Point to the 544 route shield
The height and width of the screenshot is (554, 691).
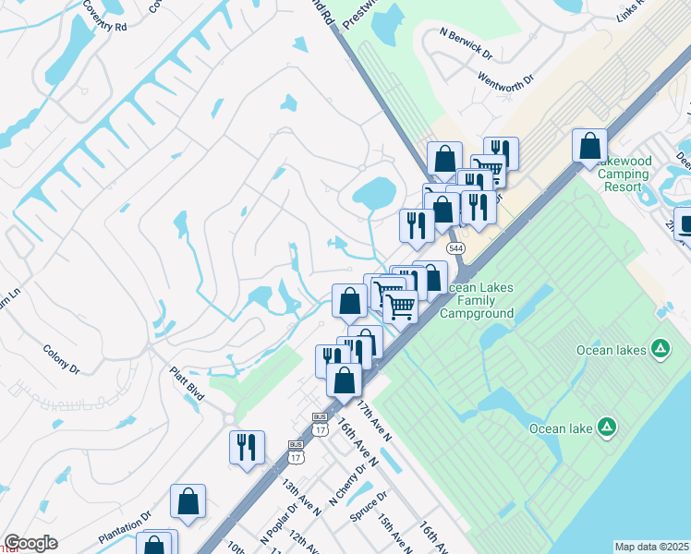(x=455, y=249)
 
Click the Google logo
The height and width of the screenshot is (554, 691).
(x=30, y=543)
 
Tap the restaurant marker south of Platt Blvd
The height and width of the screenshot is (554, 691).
(x=247, y=448)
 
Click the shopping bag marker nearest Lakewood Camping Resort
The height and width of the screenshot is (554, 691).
(x=589, y=146)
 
